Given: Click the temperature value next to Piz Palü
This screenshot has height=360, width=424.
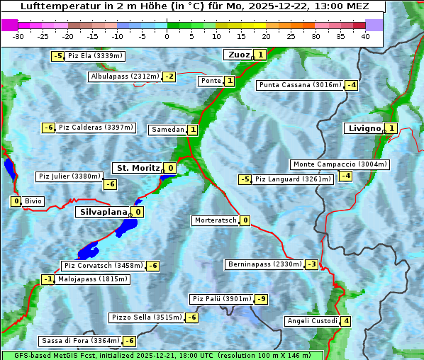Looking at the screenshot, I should tap(262, 299).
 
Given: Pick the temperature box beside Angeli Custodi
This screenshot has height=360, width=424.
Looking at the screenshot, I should tap(345, 321).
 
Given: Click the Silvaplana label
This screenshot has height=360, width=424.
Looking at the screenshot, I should tap(104, 212).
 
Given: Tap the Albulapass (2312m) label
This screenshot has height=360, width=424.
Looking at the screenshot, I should tap(125, 77).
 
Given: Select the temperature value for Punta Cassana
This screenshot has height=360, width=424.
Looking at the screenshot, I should tap(351, 86).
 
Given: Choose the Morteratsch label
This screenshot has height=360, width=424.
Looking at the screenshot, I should tap(215, 220).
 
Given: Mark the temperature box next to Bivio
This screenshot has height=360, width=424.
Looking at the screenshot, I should tap(16, 201).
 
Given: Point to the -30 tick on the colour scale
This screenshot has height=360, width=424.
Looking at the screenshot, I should tap(18, 36).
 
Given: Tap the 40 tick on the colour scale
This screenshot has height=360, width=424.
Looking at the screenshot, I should tap(365, 36).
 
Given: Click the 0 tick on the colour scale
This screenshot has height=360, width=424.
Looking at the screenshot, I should tap(167, 36).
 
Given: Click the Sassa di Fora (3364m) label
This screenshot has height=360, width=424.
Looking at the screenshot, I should tap(80, 341).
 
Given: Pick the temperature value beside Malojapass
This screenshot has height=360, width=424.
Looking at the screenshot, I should tap(48, 280).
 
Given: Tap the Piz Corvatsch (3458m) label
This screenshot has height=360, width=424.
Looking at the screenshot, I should tap(104, 266).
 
